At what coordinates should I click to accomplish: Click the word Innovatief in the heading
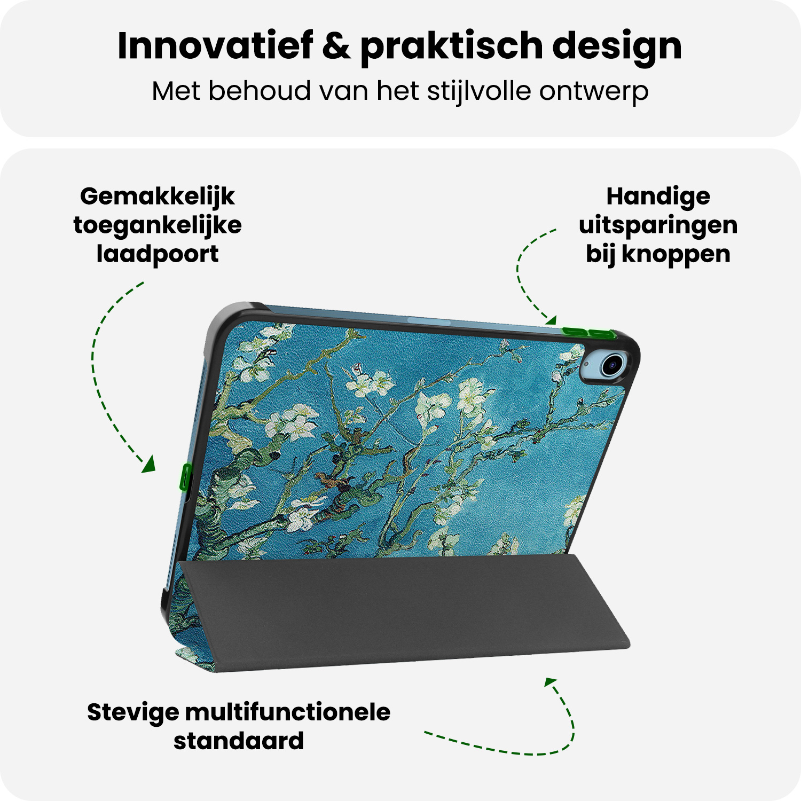click(215, 46)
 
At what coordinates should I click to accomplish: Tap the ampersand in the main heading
click(336, 46)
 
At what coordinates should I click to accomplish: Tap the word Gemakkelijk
click(158, 197)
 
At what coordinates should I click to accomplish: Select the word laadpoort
click(158, 255)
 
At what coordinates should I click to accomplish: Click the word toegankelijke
click(158, 226)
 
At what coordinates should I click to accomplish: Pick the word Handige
click(658, 197)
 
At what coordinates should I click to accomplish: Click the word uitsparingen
click(658, 226)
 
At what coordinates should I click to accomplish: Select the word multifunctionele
click(288, 712)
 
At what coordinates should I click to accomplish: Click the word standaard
click(239, 741)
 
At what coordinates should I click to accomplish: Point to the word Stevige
click(133, 713)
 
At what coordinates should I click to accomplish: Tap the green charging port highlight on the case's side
click(186, 477)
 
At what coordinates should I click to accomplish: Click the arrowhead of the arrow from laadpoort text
click(149, 465)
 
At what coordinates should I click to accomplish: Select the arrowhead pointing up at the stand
click(550, 682)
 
